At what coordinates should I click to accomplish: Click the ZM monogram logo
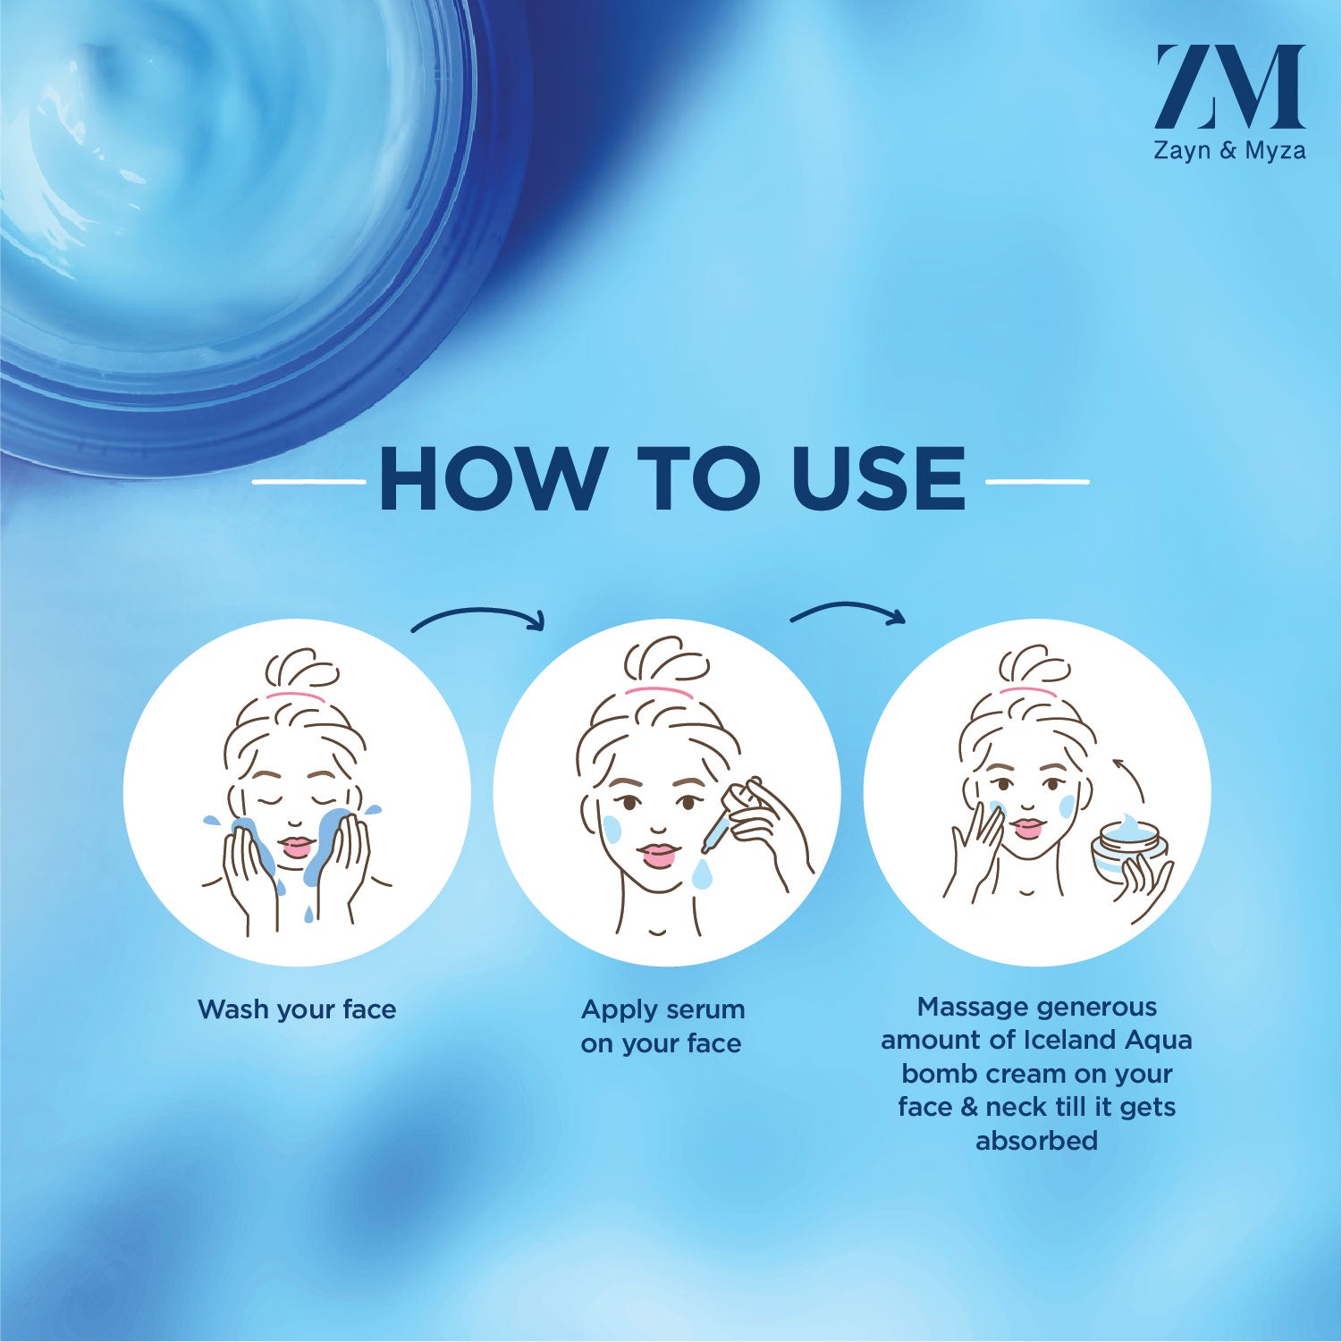(x=1229, y=87)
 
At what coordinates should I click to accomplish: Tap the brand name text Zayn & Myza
(x=1229, y=150)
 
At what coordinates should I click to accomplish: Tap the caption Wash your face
(x=297, y=1009)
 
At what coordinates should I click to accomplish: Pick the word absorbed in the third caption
(x=1037, y=1141)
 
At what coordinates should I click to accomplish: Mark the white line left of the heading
(x=309, y=482)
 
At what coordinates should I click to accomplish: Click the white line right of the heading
(x=1037, y=482)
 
